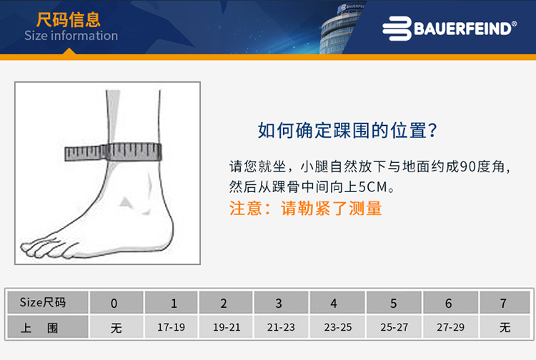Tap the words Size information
point(71,36)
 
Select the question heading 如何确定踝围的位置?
point(347,131)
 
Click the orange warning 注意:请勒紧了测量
point(305,209)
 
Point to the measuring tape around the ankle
point(113,151)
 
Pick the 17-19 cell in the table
point(171,328)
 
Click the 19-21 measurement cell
point(226,328)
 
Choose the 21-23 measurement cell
point(279,328)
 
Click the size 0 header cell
point(115,303)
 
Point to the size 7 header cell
point(505,303)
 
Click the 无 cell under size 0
point(116,328)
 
